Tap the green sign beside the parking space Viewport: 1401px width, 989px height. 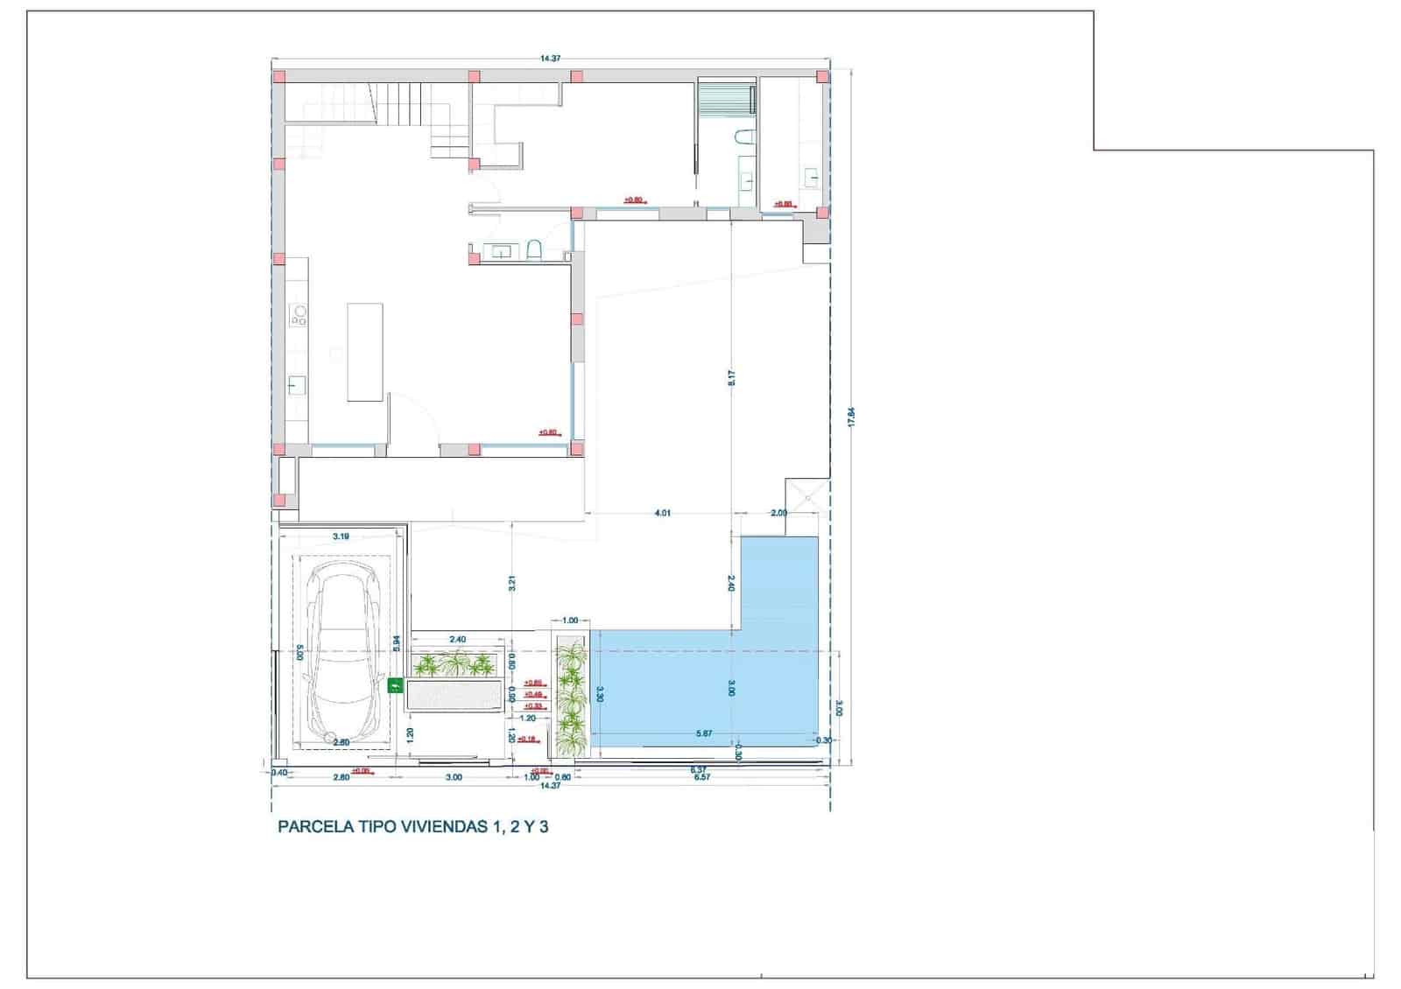click(x=394, y=686)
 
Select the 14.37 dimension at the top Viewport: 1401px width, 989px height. click(x=550, y=59)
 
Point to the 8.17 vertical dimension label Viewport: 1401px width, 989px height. click(x=732, y=378)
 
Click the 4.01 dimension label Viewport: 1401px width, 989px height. click(x=662, y=514)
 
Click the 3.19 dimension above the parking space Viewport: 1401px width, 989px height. click(x=341, y=537)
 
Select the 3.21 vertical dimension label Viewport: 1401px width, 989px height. click(x=512, y=583)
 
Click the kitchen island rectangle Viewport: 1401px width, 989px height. click(x=365, y=352)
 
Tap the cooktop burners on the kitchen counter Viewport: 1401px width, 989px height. click(x=299, y=315)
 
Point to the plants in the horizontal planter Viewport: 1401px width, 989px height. click(x=454, y=665)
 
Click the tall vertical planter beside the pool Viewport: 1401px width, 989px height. click(x=571, y=696)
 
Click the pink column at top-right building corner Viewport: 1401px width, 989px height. click(x=822, y=77)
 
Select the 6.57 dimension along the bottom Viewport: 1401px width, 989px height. click(x=700, y=777)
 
